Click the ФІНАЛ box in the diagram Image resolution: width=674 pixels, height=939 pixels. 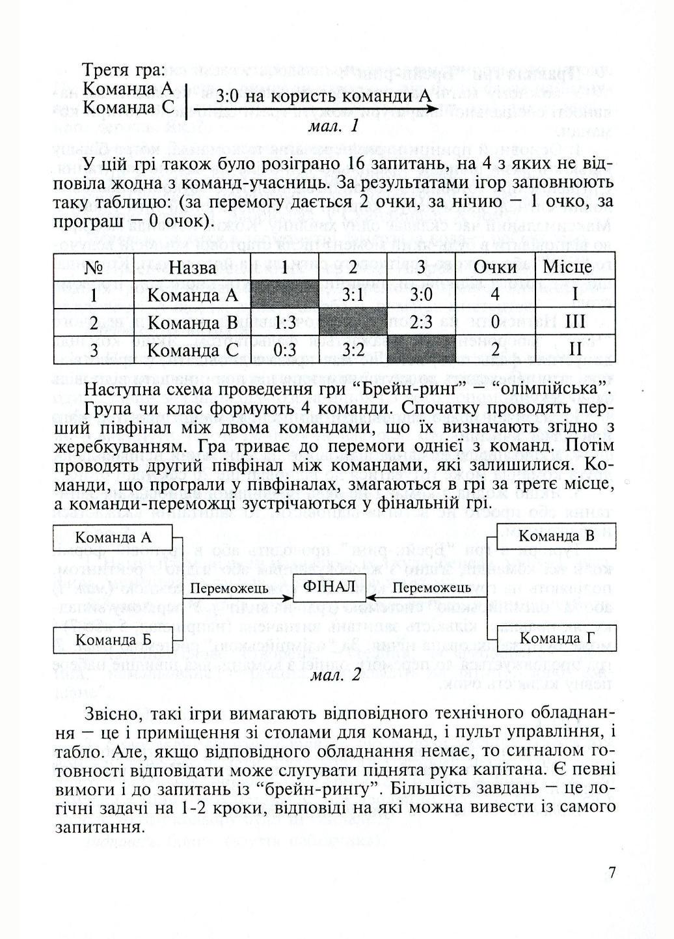(x=330, y=587)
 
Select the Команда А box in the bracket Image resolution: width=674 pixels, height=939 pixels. (x=113, y=538)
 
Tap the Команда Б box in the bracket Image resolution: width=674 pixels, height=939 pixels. (x=113, y=639)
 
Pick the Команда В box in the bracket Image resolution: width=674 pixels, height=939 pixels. (x=556, y=537)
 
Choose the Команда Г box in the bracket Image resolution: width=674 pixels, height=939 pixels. (x=556, y=638)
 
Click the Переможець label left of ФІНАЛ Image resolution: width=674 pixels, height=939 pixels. (x=230, y=589)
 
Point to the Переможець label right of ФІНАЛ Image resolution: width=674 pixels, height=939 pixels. (x=432, y=588)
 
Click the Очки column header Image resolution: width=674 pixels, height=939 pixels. (x=494, y=267)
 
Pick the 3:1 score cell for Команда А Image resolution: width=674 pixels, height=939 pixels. (x=352, y=295)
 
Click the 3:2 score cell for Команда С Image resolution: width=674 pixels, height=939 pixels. (x=352, y=350)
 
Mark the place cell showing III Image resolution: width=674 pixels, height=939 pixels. (x=575, y=322)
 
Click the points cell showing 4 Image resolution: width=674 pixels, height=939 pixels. (x=494, y=295)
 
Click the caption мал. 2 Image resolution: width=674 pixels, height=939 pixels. (x=336, y=675)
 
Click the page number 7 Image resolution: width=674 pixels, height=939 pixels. (x=611, y=873)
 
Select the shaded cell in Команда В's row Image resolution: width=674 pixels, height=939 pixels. (x=352, y=322)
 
